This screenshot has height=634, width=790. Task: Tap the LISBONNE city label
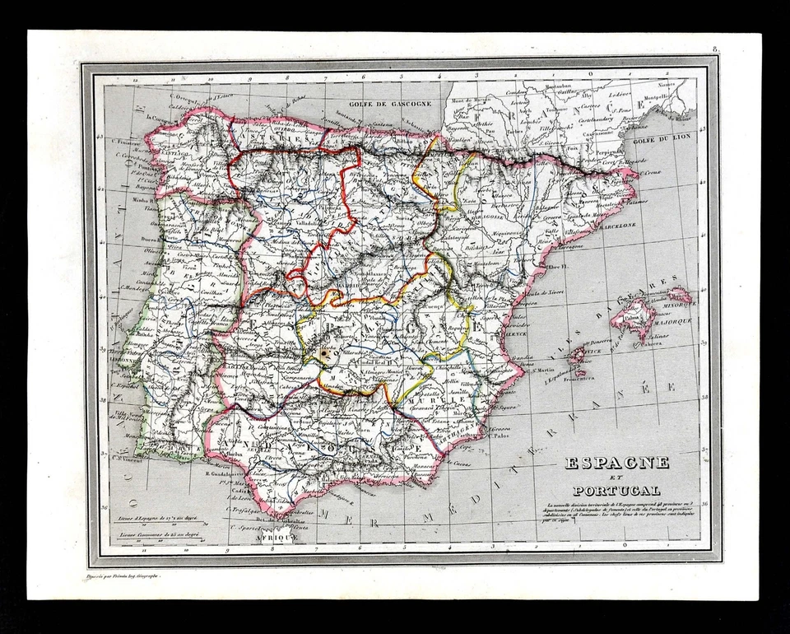coord(126,360)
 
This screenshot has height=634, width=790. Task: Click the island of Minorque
coord(680,294)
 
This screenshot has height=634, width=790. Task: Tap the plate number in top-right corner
coord(716,51)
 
